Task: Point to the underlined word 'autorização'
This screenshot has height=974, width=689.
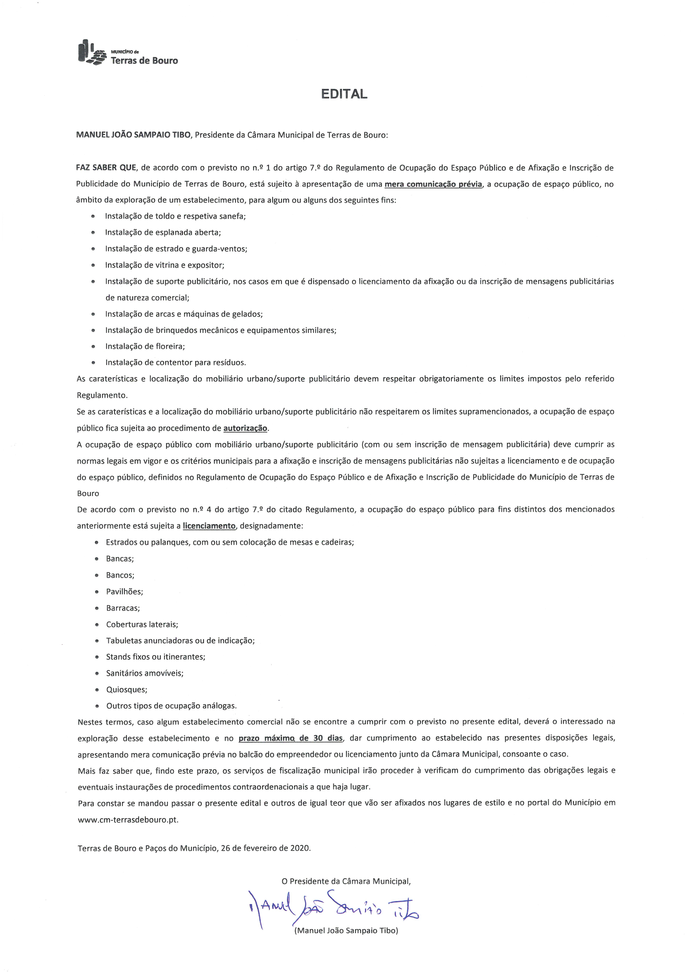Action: [x=245, y=428]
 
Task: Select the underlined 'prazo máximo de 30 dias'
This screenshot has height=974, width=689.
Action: [x=290, y=738]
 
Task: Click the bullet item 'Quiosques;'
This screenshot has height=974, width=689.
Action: [x=127, y=689]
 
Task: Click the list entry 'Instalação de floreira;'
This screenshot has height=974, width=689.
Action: [x=145, y=346]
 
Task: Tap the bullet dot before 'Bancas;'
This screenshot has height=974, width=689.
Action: [x=97, y=559]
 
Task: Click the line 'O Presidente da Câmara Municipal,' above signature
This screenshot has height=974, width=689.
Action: [x=346, y=881]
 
